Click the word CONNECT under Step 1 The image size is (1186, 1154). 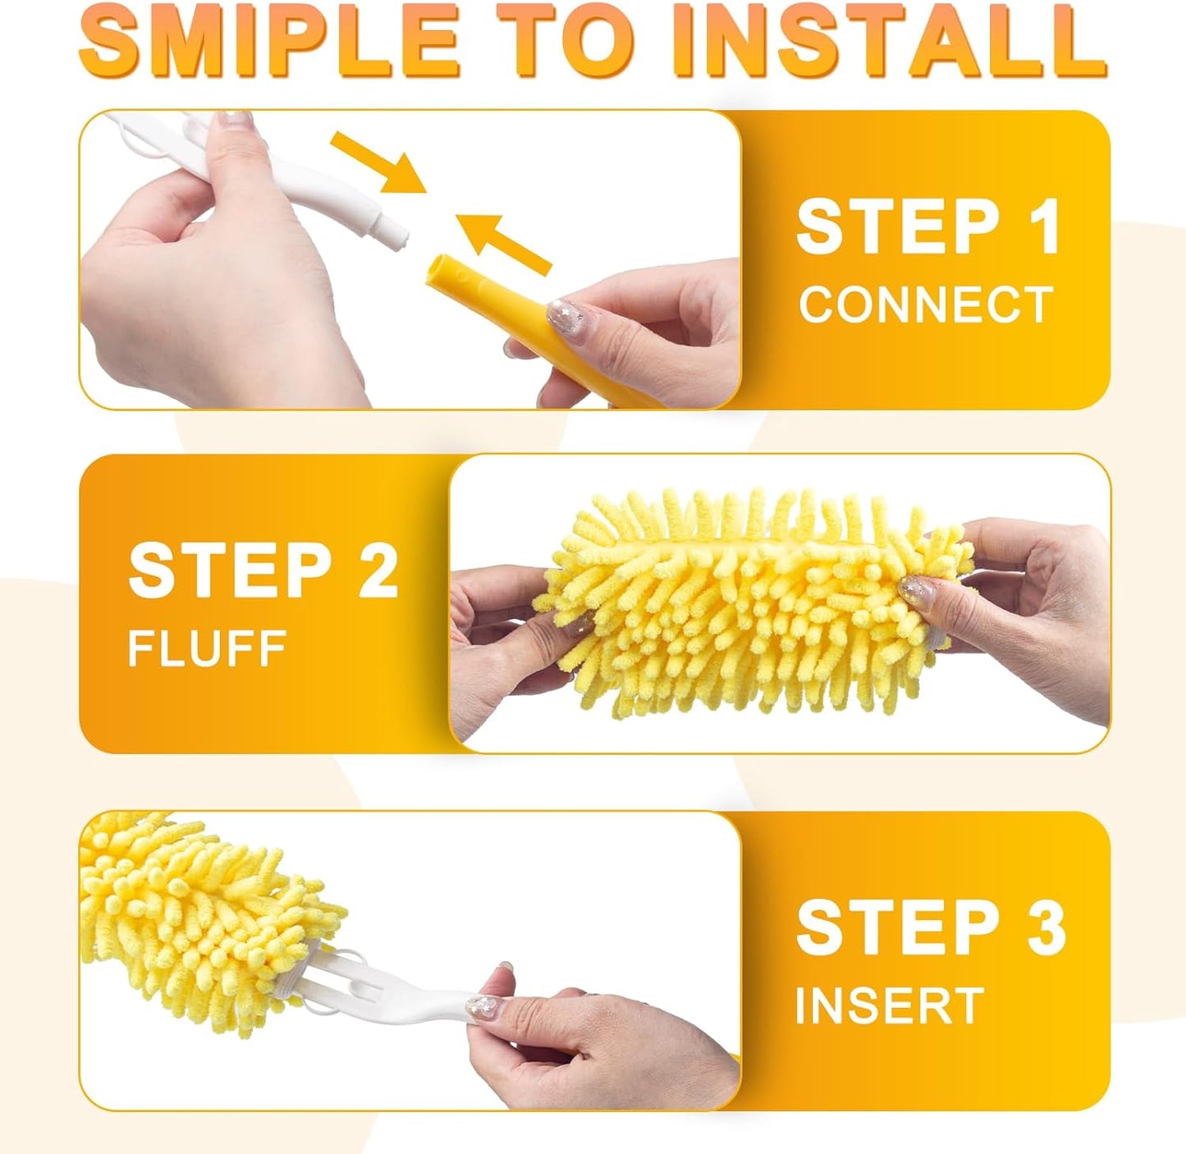(x=925, y=305)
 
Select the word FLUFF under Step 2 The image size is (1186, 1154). (x=207, y=648)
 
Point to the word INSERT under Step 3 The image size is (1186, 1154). (x=889, y=1005)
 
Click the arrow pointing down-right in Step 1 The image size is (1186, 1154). (x=379, y=163)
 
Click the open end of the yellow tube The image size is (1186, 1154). (x=443, y=272)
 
